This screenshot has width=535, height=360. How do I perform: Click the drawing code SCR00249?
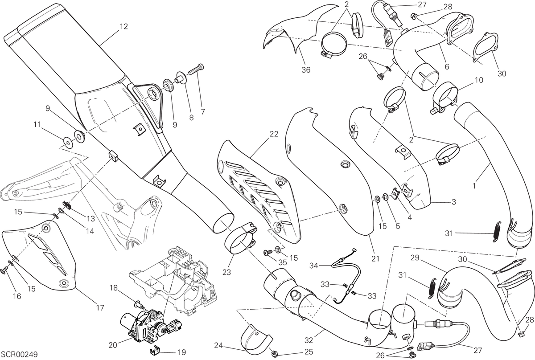19,354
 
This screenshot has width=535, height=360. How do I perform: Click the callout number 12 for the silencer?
124,26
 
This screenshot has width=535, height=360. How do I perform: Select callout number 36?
306,70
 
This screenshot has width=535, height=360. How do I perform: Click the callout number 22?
274,134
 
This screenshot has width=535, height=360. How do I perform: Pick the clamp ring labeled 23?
241,237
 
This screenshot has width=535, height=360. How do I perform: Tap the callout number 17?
100,308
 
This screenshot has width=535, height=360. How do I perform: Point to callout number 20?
113,345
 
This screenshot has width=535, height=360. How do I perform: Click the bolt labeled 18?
139,304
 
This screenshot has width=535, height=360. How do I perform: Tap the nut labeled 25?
275,355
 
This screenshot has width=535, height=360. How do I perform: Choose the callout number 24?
219,345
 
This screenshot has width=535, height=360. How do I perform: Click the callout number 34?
314,266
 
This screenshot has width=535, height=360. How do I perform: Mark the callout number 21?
375,258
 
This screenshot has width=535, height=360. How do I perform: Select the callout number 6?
447,66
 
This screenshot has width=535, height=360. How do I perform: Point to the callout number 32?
309,340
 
